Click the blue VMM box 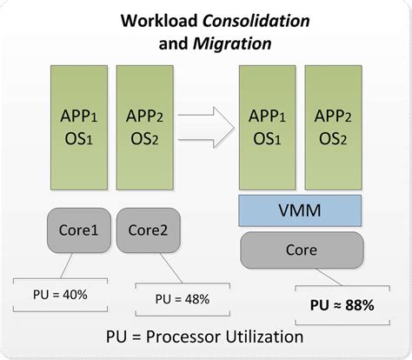(300, 210)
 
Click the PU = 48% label (182, 299)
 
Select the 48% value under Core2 (196, 299)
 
